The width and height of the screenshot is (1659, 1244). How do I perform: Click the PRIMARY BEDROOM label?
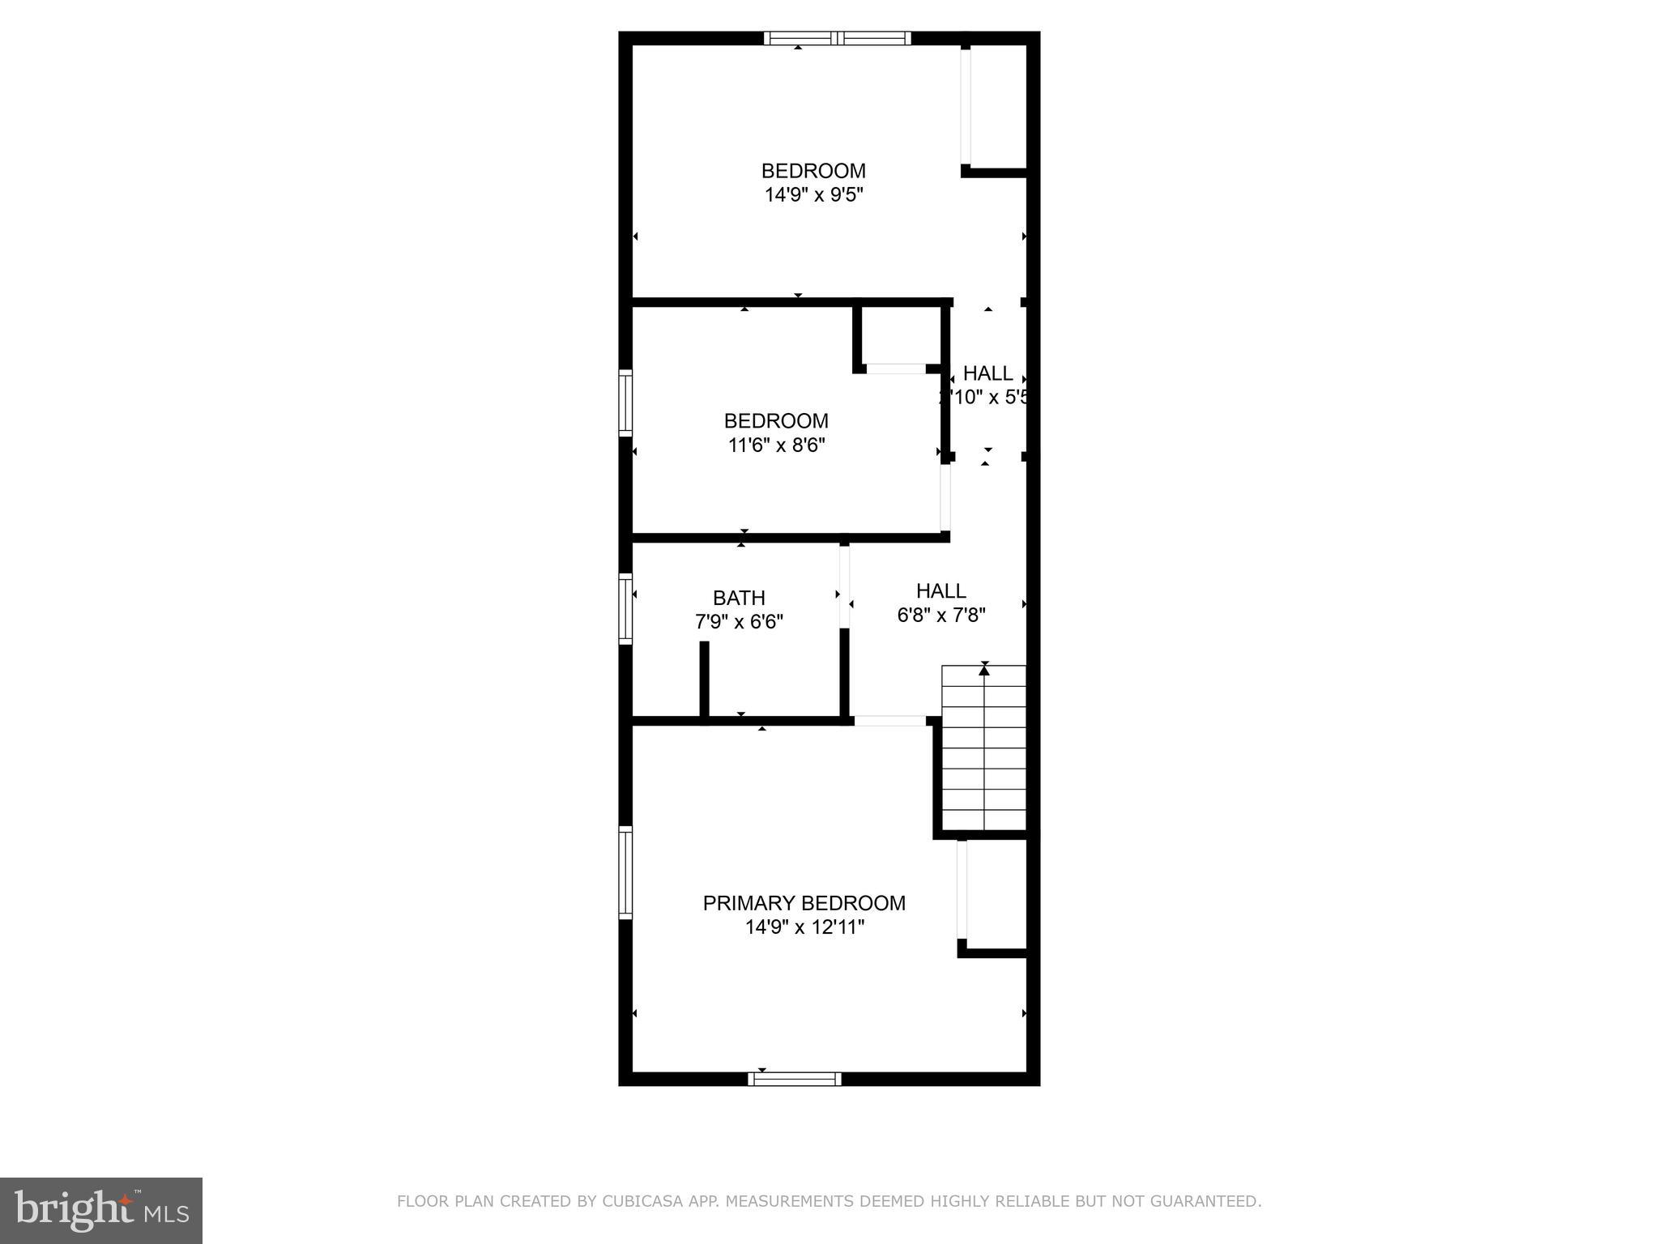click(x=804, y=903)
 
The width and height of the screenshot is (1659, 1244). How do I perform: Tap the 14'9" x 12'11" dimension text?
click(x=804, y=927)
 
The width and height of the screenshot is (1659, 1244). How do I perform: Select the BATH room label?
click(x=739, y=598)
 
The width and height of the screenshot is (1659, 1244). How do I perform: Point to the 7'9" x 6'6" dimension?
click(x=739, y=622)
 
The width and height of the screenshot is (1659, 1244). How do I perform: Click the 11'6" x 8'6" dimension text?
click(x=776, y=445)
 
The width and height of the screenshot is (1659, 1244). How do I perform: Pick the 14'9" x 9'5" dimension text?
click(x=813, y=195)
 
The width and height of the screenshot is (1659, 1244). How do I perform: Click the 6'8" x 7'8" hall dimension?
click(x=940, y=616)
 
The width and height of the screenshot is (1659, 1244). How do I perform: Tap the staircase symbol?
click(x=984, y=748)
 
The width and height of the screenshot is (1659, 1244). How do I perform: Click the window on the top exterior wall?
click(x=838, y=38)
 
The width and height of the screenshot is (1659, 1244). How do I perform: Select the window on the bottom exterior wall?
click(x=795, y=1079)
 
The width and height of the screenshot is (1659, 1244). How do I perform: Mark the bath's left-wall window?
click(x=625, y=608)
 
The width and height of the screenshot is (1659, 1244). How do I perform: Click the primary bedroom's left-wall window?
click(x=625, y=872)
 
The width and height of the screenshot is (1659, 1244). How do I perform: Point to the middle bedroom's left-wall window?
click(x=625, y=403)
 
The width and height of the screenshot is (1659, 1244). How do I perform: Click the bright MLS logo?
click(x=101, y=1211)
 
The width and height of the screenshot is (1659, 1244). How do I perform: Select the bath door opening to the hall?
click(x=844, y=587)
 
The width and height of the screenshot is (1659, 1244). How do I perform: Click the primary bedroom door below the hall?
click(x=889, y=721)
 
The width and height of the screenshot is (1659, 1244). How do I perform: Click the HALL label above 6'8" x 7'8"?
click(x=940, y=591)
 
